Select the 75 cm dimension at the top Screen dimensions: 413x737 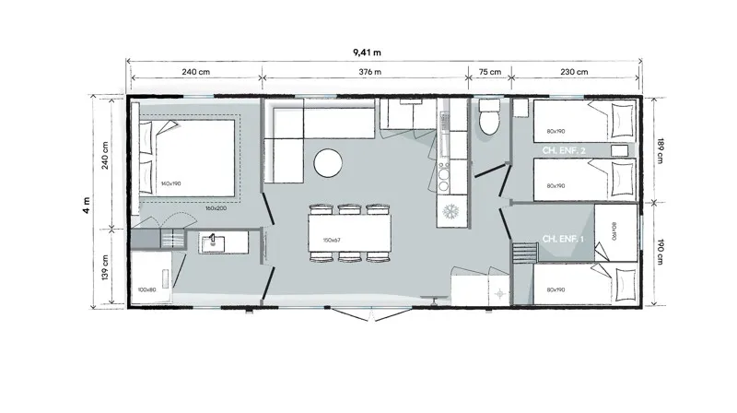(490, 72)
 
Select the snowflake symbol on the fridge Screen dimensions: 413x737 (452, 211)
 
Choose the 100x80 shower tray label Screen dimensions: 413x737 (146, 289)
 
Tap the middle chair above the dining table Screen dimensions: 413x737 (348, 209)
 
